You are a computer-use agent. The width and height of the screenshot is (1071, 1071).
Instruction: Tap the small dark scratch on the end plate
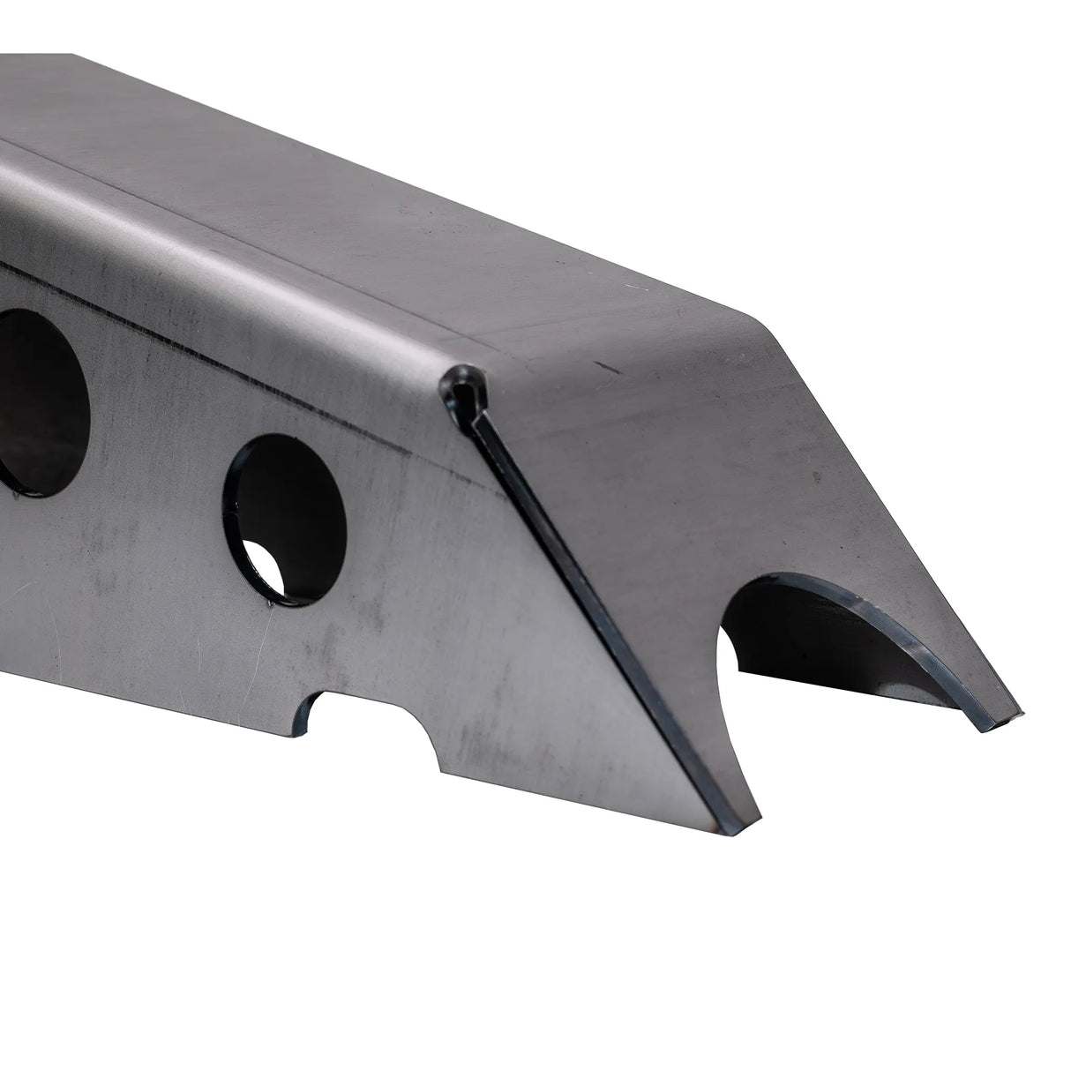coord(605,364)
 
